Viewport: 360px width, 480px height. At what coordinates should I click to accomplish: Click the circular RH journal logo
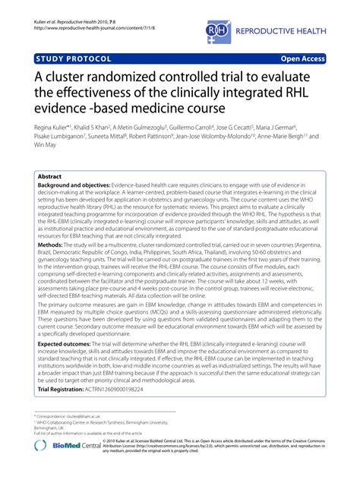click(x=218, y=30)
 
